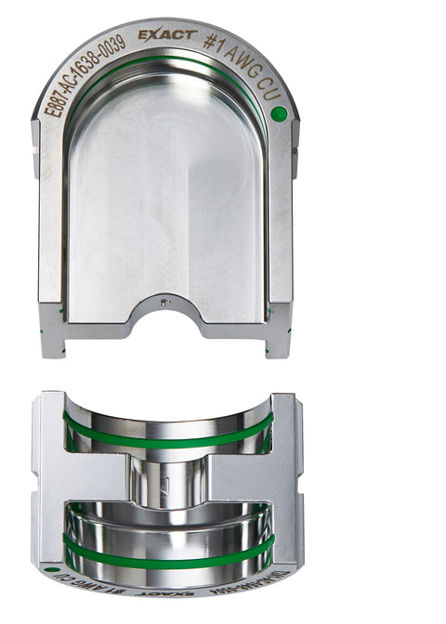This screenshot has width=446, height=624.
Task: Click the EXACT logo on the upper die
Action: (166, 35)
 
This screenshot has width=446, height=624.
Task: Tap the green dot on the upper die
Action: (278, 113)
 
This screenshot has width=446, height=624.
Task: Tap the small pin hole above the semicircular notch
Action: (164, 303)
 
